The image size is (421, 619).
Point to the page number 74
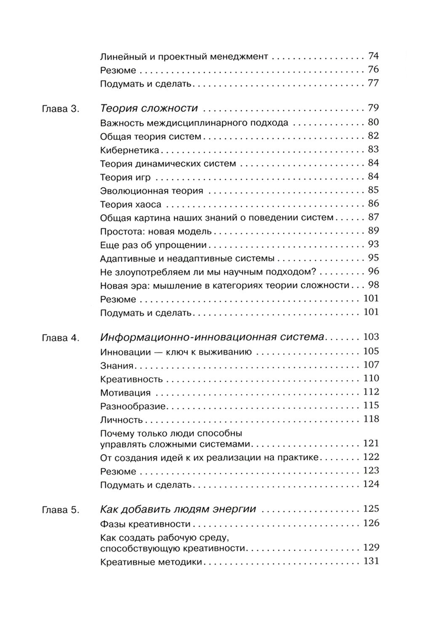click(373, 56)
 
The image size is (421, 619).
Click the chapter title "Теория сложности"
click(149, 108)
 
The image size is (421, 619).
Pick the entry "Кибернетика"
click(130, 150)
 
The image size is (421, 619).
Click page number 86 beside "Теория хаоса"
click(373, 204)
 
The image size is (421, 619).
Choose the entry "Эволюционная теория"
click(152, 190)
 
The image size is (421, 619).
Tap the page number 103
click(370, 337)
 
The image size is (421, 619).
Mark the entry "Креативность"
click(131, 379)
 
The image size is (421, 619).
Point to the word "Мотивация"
click(125, 393)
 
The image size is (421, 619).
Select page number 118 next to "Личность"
click(370, 419)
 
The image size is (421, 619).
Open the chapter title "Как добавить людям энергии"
click(178, 509)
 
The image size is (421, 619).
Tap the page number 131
click(370, 561)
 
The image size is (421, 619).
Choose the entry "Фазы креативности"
click(145, 524)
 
